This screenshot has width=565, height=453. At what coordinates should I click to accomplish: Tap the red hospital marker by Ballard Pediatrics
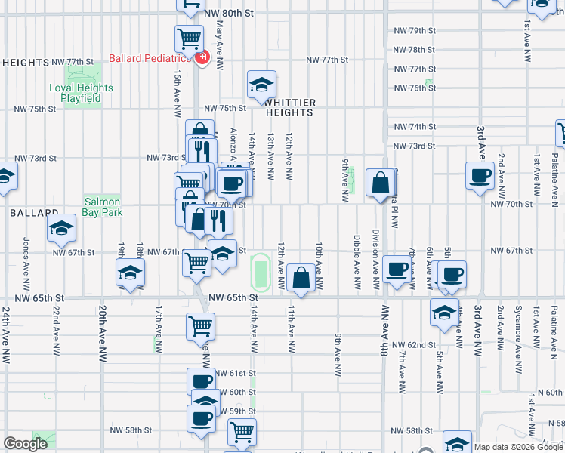click(202, 58)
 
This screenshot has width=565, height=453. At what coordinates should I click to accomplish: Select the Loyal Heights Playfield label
click(81, 93)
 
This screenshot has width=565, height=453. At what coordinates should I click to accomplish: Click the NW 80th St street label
click(232, 14)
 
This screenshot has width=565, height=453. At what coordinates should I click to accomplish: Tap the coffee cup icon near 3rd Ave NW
click(480, 176)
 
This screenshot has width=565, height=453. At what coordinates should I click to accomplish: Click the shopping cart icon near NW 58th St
click(242, 432)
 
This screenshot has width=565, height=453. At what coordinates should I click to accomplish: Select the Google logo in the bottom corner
click(26, 444)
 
